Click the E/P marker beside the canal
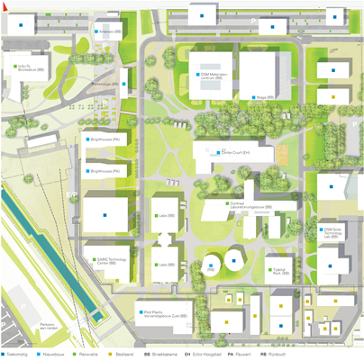click(69, 192)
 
